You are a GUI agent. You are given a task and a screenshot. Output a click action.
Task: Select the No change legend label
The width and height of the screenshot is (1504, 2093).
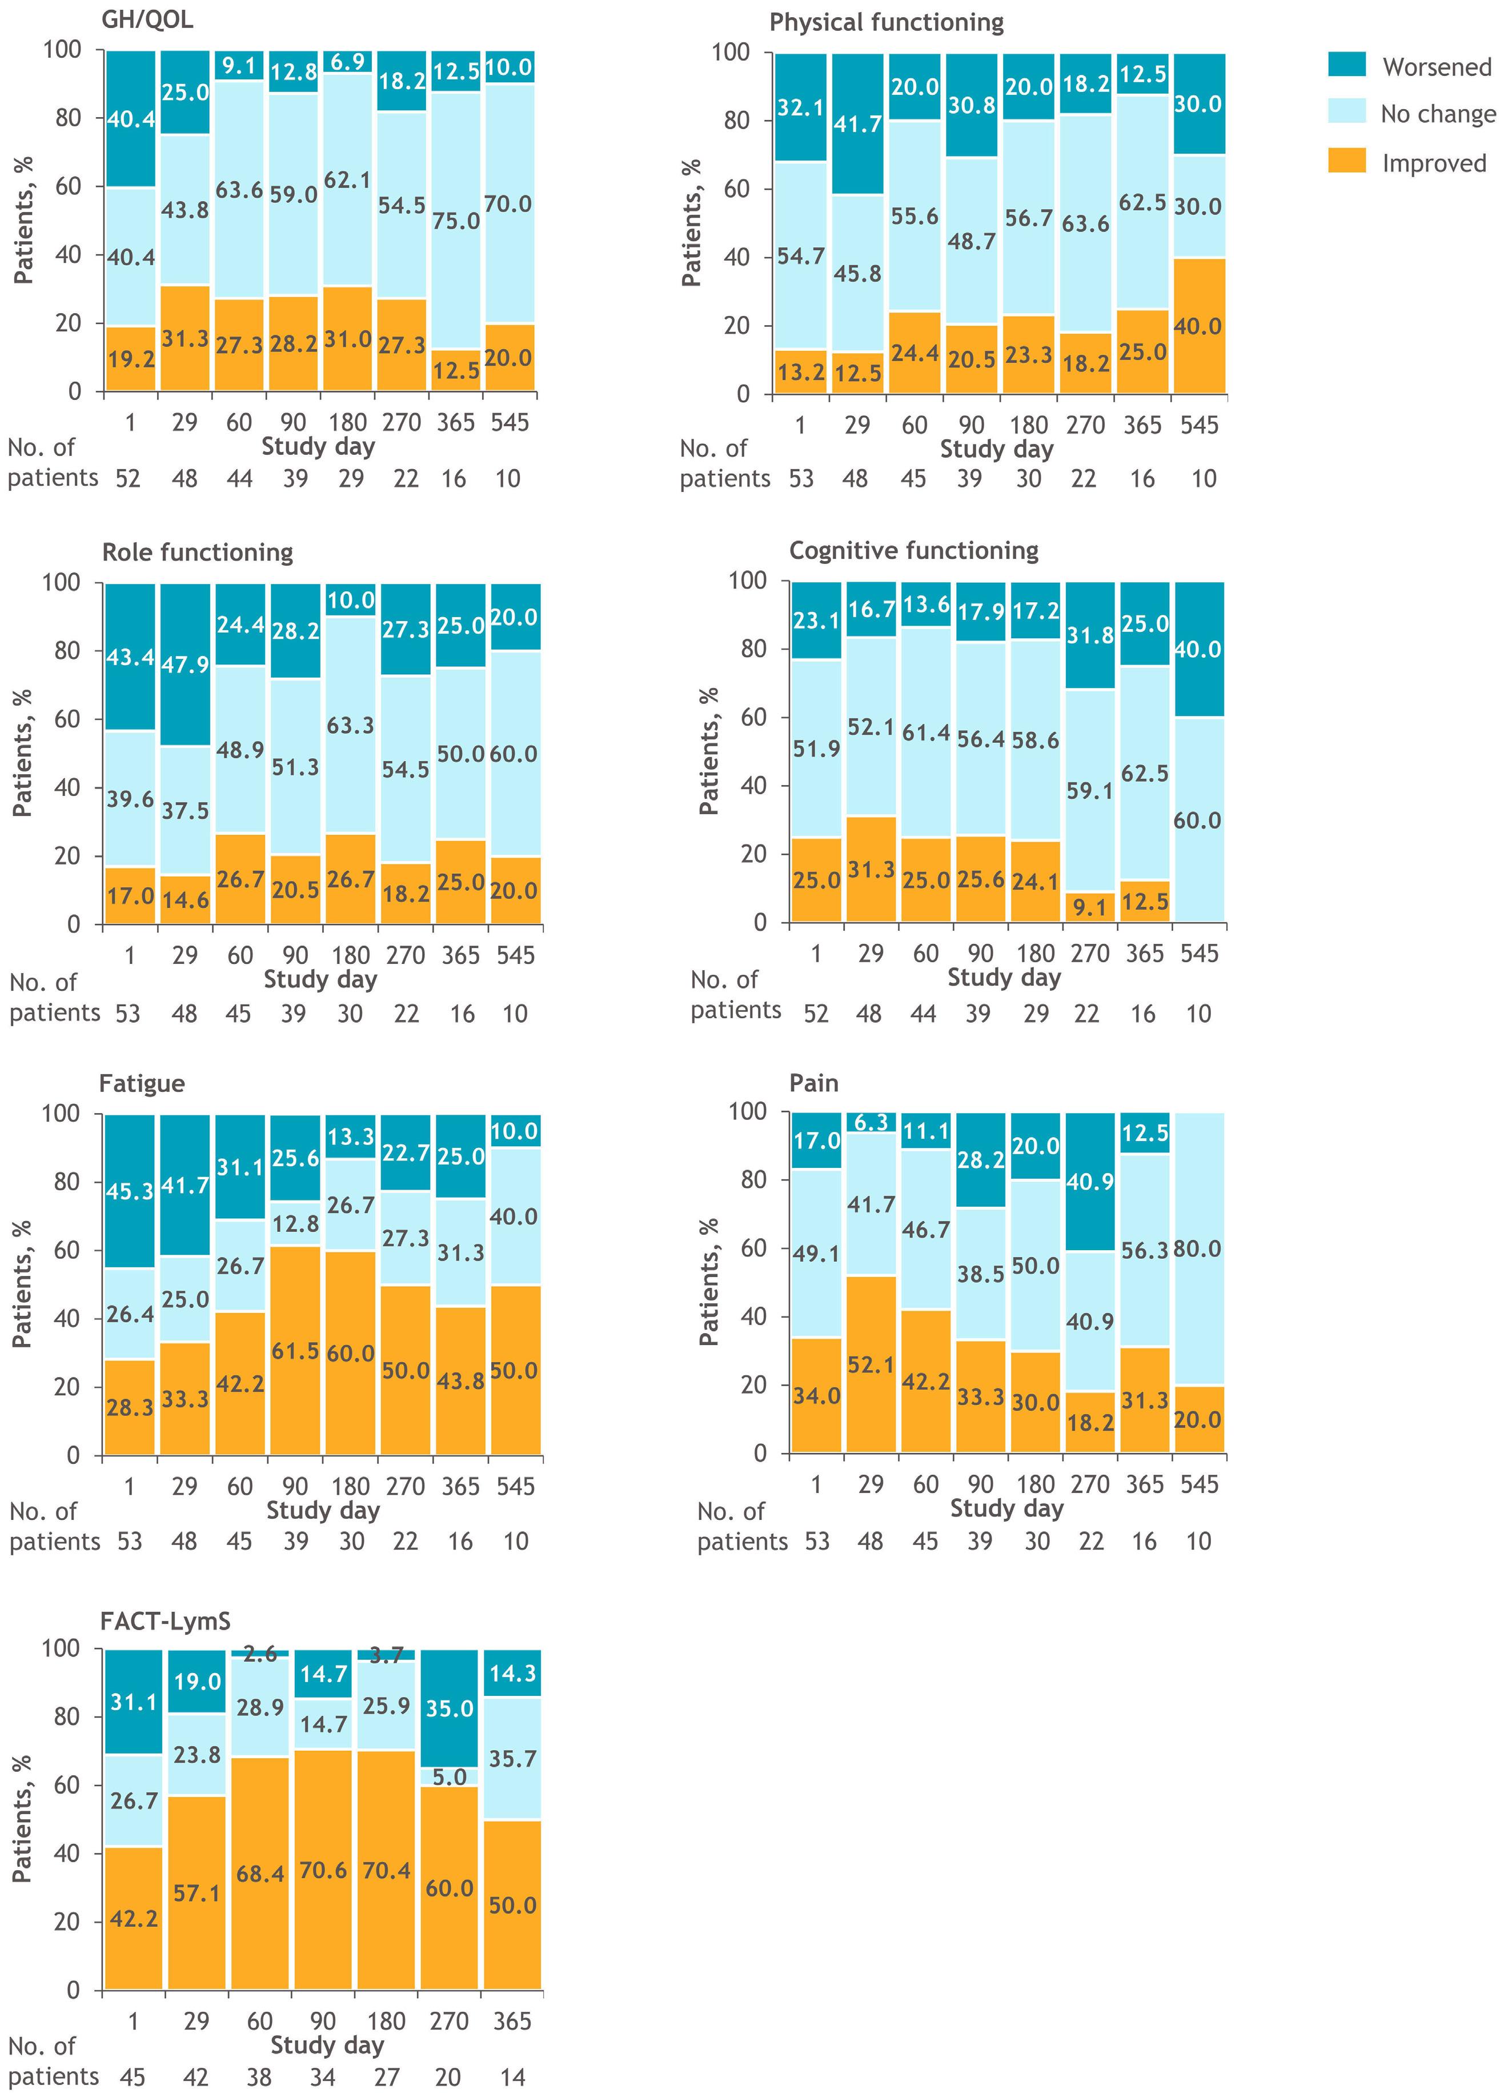click(x=1438, y=114)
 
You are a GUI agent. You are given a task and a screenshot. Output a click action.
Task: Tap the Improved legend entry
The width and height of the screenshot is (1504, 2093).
click(x=1434, y=164)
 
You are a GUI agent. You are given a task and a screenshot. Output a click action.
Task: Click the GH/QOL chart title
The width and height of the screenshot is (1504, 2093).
click(x=147, y=21)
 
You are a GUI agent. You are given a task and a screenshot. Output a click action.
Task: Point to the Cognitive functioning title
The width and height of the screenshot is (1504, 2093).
click(x=913, y=551)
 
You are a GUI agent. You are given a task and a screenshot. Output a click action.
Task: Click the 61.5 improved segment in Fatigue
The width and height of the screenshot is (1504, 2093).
click(x=295, y=1352)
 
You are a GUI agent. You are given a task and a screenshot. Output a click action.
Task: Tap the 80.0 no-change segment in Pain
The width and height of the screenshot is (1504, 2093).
click(x=1198, y=1250)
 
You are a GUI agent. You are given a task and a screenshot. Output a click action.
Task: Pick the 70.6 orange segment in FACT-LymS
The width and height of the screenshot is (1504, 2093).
click(x=323, y=1871)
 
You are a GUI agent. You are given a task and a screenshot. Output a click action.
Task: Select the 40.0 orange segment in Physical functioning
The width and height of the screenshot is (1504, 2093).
click(x=1198, y=327)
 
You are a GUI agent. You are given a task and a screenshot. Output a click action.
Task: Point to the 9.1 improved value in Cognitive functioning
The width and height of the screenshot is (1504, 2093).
click(x=1090, y=908)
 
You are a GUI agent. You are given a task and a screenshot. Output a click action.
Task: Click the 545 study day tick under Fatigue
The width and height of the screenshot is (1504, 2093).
click(x=515, y=1487)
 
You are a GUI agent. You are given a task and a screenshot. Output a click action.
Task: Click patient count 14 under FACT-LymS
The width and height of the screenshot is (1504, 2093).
click(x=512, y=2078)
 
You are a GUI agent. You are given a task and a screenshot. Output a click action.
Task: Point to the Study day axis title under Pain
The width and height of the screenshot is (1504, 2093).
click(x=1006, y=1509)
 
